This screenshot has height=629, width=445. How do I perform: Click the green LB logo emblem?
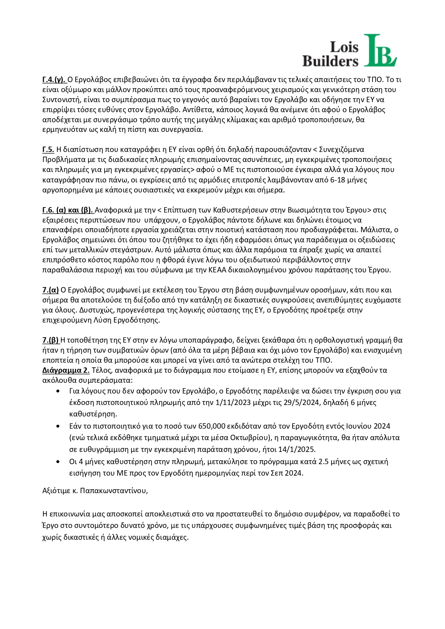click(x=380, y=51)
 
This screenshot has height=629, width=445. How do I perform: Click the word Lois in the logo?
click(x=344, y=47)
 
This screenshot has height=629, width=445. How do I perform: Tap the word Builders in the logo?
click(x=330, y=61)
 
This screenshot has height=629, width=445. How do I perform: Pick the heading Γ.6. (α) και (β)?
click(x=68, y=210)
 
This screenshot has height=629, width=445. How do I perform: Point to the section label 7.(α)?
click(x=50, y=290)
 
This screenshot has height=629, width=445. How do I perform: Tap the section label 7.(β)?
click(x=50, y=340)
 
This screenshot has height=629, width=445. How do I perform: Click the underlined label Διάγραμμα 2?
click(x=66, y=370)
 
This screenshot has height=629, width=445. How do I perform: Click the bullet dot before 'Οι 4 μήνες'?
click(x=58, y=462)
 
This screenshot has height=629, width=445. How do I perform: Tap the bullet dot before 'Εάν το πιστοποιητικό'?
click(x=58, y=426)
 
